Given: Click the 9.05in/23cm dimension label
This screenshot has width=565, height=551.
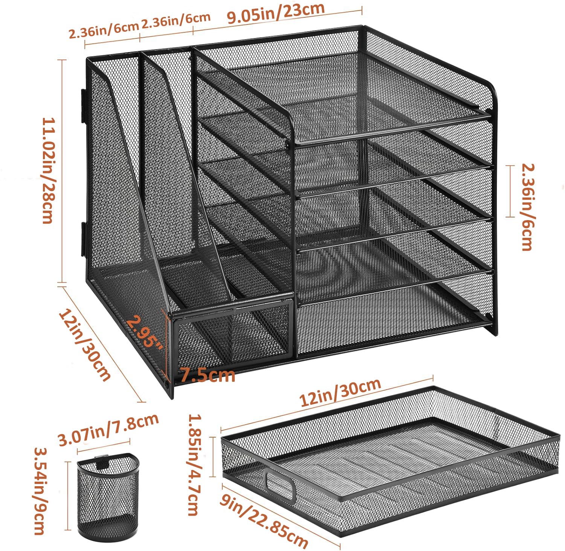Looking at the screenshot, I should click(x=276, y=14).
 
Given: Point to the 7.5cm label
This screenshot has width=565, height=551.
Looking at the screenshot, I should click(x=208, y=375).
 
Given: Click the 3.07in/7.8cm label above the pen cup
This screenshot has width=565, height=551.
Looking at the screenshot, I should click(x=108, y=430).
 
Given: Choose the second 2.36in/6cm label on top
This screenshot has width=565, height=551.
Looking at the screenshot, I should click(x=176, y=21).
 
